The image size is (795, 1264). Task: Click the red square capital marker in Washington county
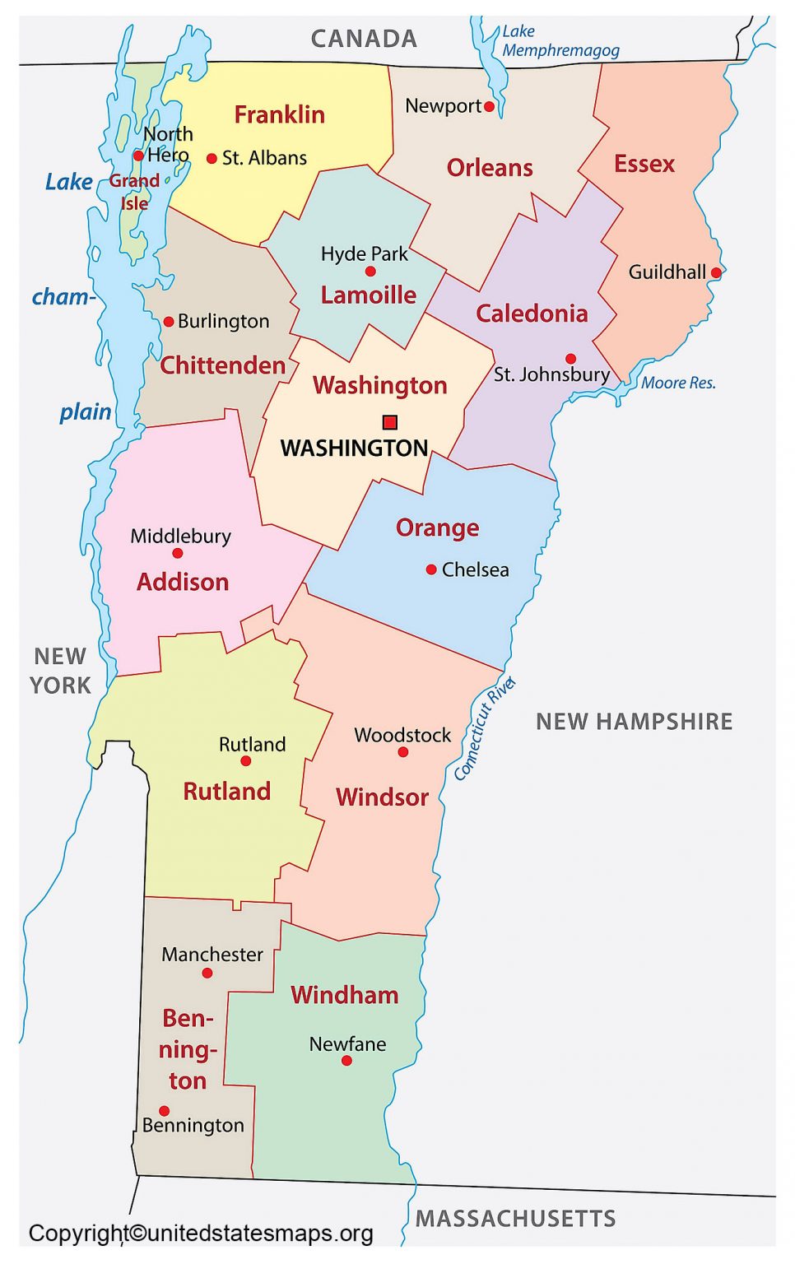click(390, 422)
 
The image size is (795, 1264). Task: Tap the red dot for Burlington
click(169, 322)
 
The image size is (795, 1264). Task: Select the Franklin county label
click(279, 114)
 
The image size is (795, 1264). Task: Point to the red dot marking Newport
click(490, 106)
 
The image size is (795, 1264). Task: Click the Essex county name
click(644, 164)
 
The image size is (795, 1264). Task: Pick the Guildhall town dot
click(716, 272)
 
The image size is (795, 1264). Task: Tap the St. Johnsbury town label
click(551, 374)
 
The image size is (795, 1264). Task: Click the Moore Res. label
click(678, 383)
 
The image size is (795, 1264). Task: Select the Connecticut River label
click(485, 728)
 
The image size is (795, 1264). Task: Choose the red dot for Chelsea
click(431, 569)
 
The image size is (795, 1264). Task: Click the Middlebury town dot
click(178, 553)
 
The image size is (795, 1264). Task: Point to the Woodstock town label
click(402, 735)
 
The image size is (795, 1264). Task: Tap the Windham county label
click(344, 995)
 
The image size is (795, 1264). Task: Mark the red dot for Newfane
click(346, 1061)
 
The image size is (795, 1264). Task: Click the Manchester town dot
click(207, 973)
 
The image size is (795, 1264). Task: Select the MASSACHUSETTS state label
click(515, 1218)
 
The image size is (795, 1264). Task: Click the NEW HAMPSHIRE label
click(634, 722)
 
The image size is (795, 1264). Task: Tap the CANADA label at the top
click(364, 39)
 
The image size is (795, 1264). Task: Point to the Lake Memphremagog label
click(560, 41)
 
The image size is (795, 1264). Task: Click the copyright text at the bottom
click(201, 1233)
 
